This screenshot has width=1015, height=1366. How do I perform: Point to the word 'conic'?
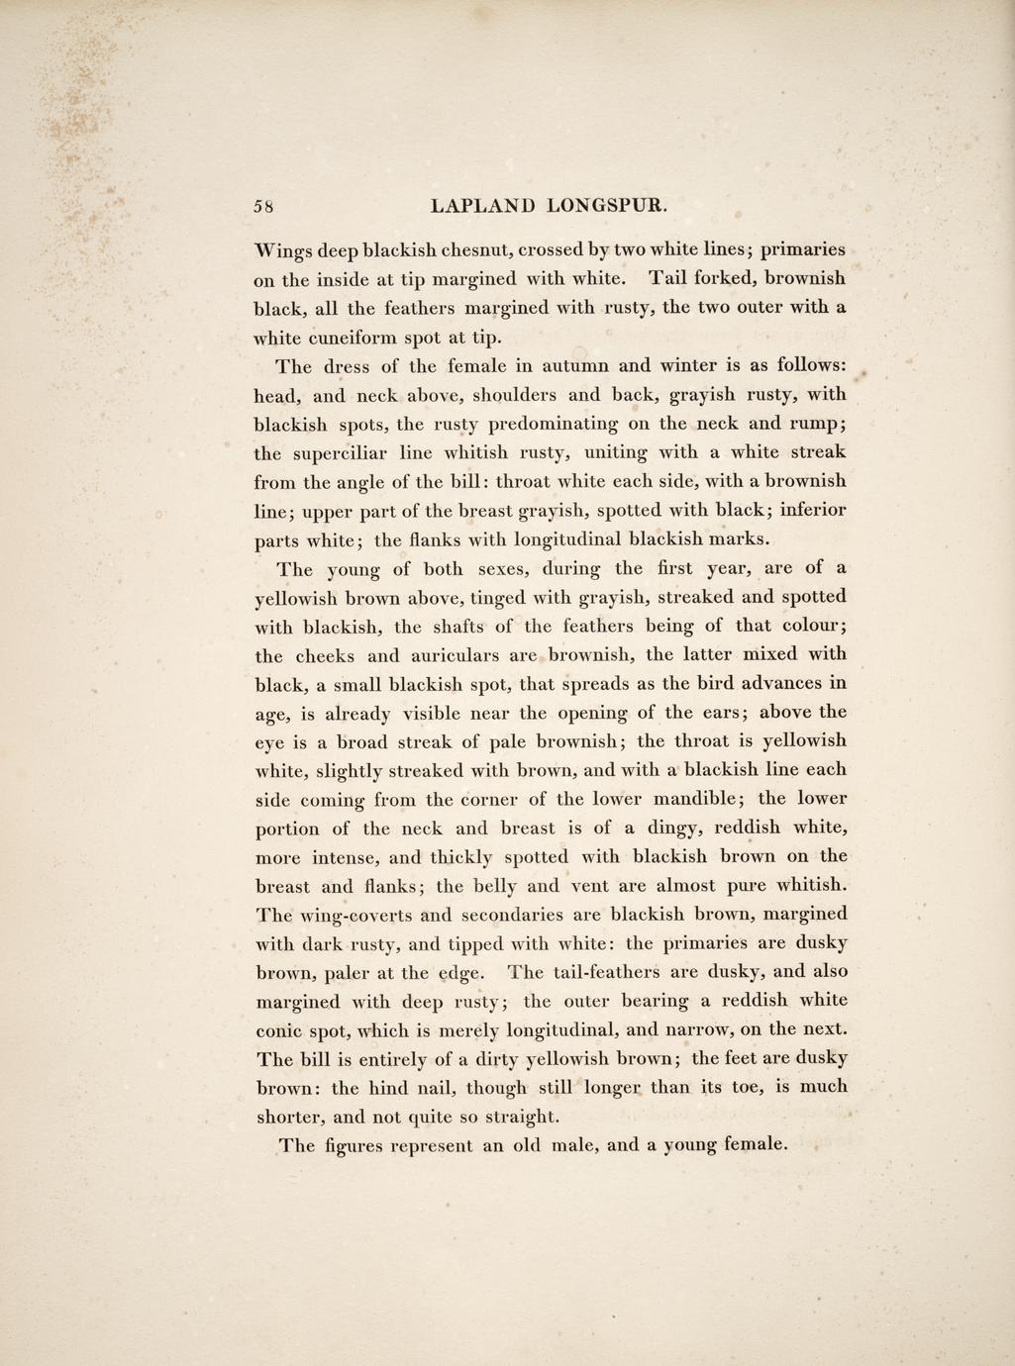click(282, 1029)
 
